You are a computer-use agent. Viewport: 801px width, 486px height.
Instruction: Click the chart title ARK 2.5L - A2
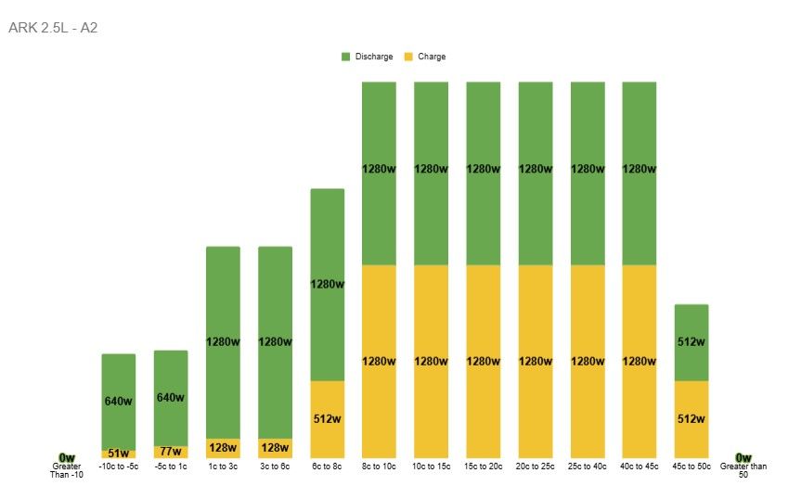[53, 28]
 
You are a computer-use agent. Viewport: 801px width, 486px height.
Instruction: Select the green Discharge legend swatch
[346, 57]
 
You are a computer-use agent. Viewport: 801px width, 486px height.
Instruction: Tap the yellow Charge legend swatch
[408, 57]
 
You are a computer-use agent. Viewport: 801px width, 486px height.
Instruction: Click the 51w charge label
[119, 454]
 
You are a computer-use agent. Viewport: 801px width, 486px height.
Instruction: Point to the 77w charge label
[171, 452]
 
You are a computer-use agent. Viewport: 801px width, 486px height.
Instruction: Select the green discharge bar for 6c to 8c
[328, 285]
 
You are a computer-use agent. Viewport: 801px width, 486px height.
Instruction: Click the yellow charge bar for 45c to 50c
[691, 419]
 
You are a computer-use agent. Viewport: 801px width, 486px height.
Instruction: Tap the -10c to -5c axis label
[119, 467]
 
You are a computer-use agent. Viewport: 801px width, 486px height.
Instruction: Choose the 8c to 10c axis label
[379, 467]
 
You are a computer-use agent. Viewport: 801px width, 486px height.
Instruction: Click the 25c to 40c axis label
[588, 467]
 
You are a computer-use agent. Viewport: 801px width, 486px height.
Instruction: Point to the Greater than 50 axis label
[743, 470]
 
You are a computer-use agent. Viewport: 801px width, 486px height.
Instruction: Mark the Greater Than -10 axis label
[67, 470]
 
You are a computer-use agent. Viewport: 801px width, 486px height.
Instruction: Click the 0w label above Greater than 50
[743, 457]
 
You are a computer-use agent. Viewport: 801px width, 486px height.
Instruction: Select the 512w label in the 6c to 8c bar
[327, 419]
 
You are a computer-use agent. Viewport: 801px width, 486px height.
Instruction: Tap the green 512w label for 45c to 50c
[691, 342]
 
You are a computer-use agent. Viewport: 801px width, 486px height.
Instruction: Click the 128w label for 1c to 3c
[223, 448]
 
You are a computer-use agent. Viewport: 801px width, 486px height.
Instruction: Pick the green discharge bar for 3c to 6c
[276, 342]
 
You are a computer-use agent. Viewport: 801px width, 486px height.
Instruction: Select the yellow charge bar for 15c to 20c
[484, 362]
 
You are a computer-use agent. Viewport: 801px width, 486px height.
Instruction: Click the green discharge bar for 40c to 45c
[640, 173]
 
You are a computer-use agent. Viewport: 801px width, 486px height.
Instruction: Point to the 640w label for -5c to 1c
[171, 398]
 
